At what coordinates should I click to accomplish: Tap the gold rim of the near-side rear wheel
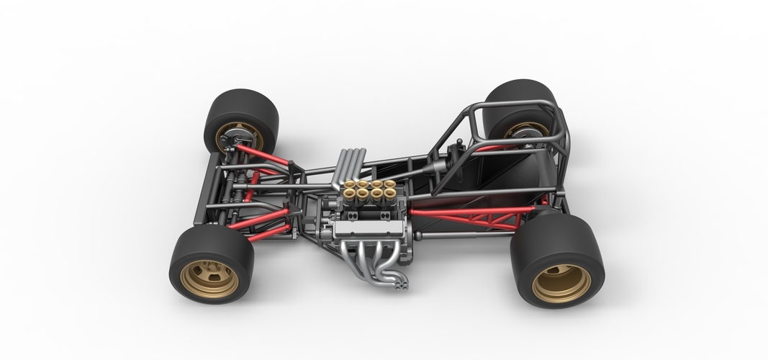click(x=561, y=282)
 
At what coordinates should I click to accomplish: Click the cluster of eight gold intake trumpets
click(x=369, y=191)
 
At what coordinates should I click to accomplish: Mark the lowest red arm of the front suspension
click(x=270, y=233)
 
